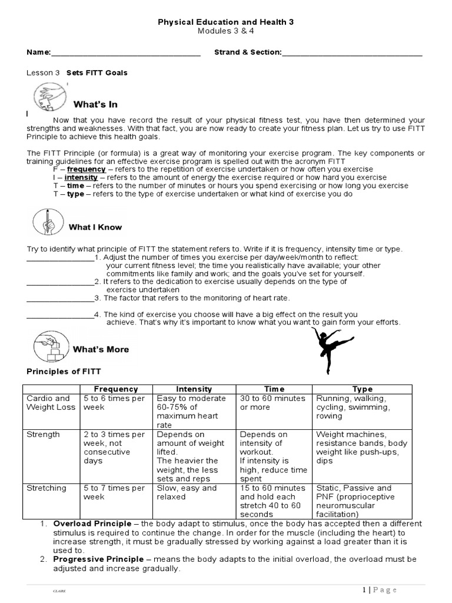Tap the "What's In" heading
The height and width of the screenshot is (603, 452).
coord(95,104)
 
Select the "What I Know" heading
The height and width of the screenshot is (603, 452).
coord(96,227)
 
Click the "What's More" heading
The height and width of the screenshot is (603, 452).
coord(101,349)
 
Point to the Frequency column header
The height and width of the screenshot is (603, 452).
coord(117,389)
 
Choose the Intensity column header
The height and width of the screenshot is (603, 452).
coord(194,389)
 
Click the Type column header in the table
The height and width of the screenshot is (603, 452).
coord(363,389)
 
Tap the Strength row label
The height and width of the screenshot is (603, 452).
coord(43,435)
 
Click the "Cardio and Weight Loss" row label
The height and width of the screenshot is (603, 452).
coord(48,403)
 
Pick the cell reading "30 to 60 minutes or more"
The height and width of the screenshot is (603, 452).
coord(272,403)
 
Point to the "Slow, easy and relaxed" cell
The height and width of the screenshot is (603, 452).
coord(187,492)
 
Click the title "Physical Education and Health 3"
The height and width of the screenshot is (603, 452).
coord(226,22)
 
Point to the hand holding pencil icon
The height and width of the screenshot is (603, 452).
coord(46,219)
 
